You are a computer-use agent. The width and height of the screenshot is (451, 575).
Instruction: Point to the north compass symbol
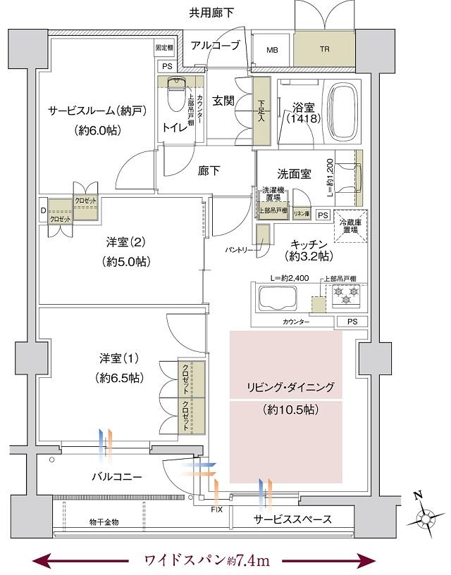[426, 519]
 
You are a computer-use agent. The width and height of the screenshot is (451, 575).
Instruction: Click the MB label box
[271, 50]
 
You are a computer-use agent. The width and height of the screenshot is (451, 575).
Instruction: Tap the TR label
[324, 50]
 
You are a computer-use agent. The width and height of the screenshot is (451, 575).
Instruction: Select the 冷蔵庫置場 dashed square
[351, 227]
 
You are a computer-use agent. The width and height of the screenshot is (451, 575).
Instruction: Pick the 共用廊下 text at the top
[211, 12]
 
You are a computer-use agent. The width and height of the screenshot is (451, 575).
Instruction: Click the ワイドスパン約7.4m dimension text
[207, 560]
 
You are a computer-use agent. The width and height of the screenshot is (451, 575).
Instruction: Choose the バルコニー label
[117, 476]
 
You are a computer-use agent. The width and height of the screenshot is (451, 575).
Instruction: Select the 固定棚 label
[163, 48]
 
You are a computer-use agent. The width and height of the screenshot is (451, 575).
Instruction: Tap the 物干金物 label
[104, 522]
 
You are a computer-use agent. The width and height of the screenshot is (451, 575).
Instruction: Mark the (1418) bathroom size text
[304, 119]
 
